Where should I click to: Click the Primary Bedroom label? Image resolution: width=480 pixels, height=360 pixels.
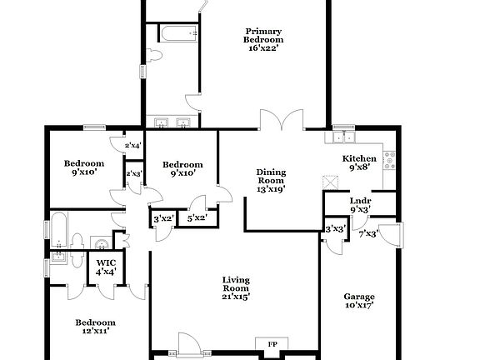(x=263, y=34)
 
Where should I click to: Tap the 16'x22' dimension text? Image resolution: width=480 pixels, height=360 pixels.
(x=263, y=48)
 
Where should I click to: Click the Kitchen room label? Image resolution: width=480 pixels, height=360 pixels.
(x=359, y=158)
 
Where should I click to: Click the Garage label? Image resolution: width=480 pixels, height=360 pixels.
(x=359, y=296)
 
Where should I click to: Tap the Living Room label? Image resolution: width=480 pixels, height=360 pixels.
(x=236, y=284)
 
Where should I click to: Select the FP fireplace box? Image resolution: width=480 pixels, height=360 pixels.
(x=272, y=344)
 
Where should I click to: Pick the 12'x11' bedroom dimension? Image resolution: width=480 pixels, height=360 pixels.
(x=96, y=331)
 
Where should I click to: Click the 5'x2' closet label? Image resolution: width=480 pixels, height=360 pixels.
(x=197, y=218)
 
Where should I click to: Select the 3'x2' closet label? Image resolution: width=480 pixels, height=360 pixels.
(x=163, y=218)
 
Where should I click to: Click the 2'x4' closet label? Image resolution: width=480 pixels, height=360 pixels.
(x=133, y=146)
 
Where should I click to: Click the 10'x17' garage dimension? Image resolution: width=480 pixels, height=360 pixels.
(x=359, y=305)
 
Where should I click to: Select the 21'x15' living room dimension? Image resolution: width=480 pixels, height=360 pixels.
(x=236, y=295)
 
